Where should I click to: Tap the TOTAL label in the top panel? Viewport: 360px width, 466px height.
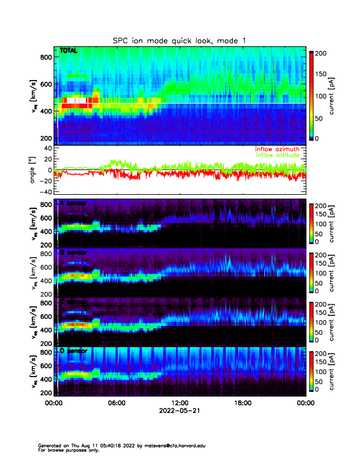(69, 52)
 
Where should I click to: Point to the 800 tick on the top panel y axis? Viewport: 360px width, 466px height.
(46, 57)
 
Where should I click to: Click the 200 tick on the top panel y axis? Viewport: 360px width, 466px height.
(46, 138)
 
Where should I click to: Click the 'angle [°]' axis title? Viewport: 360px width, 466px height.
(34, 170)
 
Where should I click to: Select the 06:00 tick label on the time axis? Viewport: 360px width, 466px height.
(117, 404)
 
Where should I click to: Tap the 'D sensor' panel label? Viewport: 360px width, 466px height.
(73, 351)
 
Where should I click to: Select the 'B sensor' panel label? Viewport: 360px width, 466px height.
(73, 252)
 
